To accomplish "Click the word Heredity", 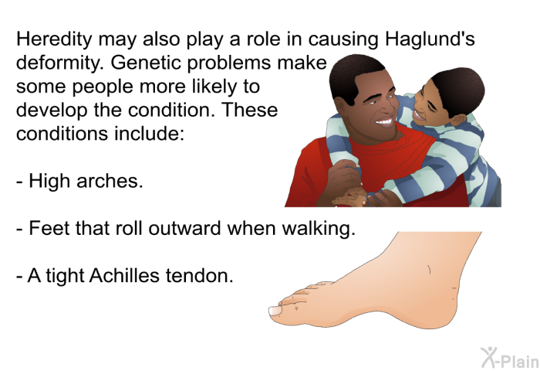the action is coord(54,39).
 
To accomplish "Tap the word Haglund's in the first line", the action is coord(430,39).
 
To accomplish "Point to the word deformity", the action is coord(60,63).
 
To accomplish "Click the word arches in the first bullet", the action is coord(110,181).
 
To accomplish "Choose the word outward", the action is coord(184,228).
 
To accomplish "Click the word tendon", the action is coord(199,276).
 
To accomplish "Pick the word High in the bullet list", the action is coord(49,181).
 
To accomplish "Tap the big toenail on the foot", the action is coord(275,311).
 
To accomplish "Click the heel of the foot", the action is coord(444,311).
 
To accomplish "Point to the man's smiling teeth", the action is coord(384,121).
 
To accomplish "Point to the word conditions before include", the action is coord(62,134).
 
